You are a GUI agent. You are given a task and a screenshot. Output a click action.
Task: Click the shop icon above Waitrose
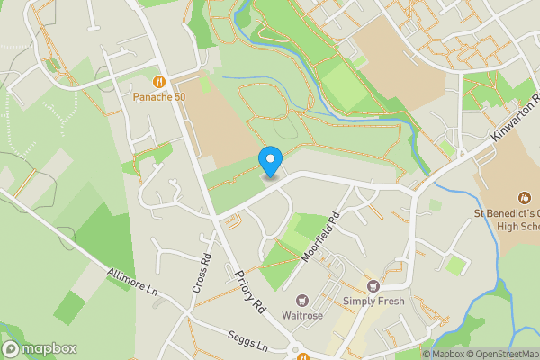pyautogui.click(x=303, y=300)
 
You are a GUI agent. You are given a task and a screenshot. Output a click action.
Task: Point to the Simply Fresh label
pyautogui.click(x=373, y=301)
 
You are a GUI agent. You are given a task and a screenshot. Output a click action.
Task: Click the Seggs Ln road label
pyautogui.click(x=249, y=346)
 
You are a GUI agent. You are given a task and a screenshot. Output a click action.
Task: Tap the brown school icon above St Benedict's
pyautogui.click(x=524, y=196)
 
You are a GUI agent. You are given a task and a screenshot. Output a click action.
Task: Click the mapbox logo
pyautogui.click(x=40, y=349)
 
